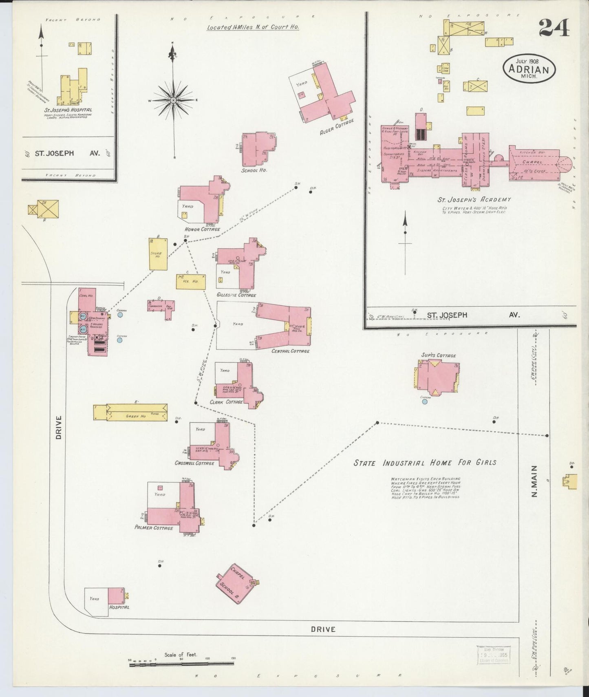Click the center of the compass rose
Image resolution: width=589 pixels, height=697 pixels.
pyautogui.click(x=173, y=100)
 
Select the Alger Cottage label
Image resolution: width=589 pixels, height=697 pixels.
pyautogui.click(x=337, y=127)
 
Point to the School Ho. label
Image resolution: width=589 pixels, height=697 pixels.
pyautogui.click(x=254, y=170)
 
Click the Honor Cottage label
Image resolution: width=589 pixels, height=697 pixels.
pyautogui.click(x=202, y=229)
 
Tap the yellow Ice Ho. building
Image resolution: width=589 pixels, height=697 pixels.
pyautogui.click(x=190, y=282)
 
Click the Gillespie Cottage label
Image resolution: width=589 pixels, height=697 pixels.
pyautogui.click(x=236, y=295)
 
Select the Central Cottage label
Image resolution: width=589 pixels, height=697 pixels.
pyautogui.click(x=290, y=351)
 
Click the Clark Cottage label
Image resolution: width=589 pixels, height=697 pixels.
pyautogui.click(x=226, y=402)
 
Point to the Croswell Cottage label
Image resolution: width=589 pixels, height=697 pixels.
pyautogui.click(x=194, y=463)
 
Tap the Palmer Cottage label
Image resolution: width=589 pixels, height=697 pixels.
pyautogui.click(x=154, y=527)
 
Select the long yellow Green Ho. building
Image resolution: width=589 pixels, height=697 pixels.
pyautogui.click(x=137, y=412)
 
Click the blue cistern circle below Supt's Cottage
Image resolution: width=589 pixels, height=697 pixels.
pyautogui.click(x=425, y=401)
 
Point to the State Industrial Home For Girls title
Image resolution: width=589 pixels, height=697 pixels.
pyautogui.click(x=425, y=463)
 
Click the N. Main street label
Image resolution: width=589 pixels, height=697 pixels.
pyautogui.click(x=535, y=481)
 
